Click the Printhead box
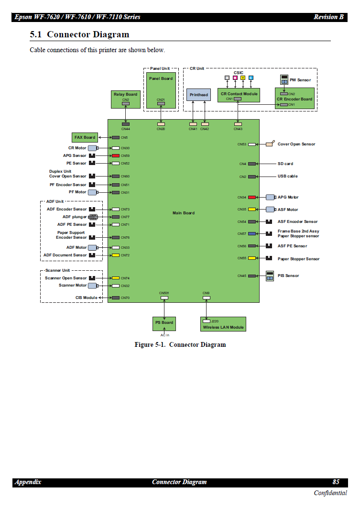click(x=198, y=94)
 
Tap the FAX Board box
click(x=85, y=137)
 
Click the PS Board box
click(x=164, y=324)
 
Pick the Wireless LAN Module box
click(x=223, y=324)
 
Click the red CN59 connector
click(x=116, y=155)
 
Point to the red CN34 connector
click(x=251, y=197)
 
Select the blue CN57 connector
click(x=251, y=234)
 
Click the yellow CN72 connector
click(x=116, y=255)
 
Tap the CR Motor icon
click(x=93, y=148)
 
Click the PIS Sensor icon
click(x=270, y=276)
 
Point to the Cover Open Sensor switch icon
click(x=270, y=144)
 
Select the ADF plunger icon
click(x=93, y=217)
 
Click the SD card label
click(x=285, y=164)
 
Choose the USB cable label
click(x=287, y=176)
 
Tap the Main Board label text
click(x=184, y=213)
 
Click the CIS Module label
click(x=86, y=298)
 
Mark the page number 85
click(x=336, y=482)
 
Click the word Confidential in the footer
click(x=330, y=493)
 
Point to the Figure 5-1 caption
click(x=180, y=345)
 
